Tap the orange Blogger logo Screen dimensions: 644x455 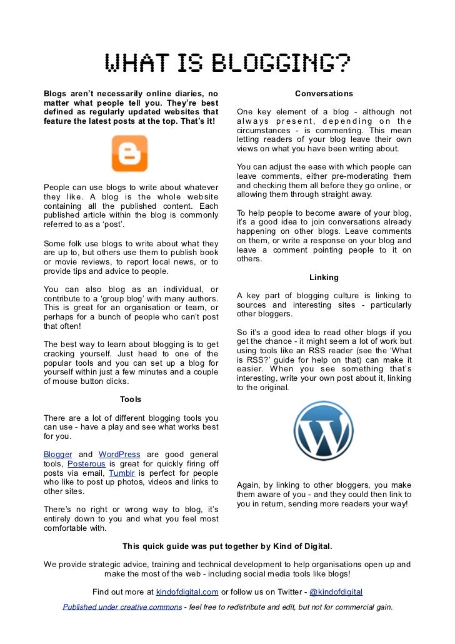point(129,154)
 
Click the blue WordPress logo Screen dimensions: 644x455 point(324,431)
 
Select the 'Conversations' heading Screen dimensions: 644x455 point(324,94)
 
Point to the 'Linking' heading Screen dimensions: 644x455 point(324,277)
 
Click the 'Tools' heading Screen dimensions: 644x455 point(131,399)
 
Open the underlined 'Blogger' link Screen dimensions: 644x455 point(57,454)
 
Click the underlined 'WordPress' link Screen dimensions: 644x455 point(119,454)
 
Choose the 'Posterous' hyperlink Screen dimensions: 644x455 point(86,464)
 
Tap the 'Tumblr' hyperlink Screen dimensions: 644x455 point(121,473)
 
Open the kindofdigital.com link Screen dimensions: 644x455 point(187,592)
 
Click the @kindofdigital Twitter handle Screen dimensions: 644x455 point(336,592)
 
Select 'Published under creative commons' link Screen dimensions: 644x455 point(121,606)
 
